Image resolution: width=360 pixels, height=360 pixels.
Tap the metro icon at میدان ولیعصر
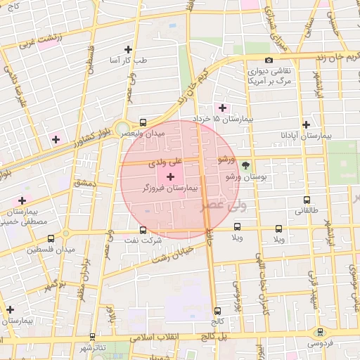click(144, 121)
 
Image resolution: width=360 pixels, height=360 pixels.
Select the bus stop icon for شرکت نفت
click(143, 229)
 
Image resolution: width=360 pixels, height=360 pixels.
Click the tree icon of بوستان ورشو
click(245, 166)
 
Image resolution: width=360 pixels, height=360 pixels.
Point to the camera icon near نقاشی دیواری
click(269, 60)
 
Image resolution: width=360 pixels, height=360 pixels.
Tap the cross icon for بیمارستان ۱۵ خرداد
click(223, 108)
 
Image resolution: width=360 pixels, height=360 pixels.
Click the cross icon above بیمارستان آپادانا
click(306, 124)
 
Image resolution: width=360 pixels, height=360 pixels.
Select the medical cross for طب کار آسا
click(128, 49)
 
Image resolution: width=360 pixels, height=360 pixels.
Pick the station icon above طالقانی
click(306, 199)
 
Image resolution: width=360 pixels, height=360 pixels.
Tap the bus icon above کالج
click(217, 311)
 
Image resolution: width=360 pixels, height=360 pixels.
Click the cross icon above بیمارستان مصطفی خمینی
click(22, 200)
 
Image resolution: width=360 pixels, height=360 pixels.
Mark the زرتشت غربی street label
click(37, 44)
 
